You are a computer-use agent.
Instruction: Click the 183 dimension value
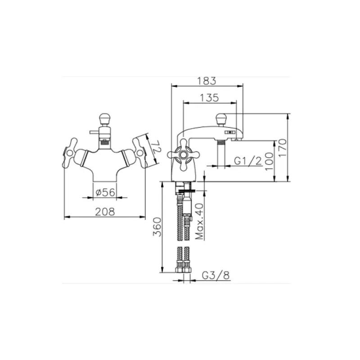click(x=207, y=81)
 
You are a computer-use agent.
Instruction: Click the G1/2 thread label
click(x=247, y=161)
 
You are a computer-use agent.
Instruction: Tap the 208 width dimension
click(x=105, y=211)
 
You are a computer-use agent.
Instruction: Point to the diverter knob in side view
click(x=221, y=119)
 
